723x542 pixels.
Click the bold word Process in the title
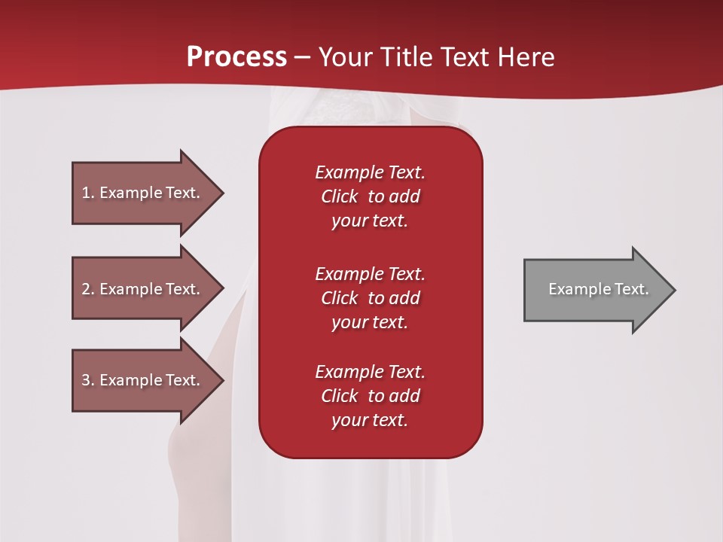point(236,57)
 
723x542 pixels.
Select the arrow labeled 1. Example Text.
point(143,193)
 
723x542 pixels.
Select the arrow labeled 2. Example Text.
point(143,289)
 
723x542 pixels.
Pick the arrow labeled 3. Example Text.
point(143,380)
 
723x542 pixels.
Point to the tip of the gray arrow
point(674,290)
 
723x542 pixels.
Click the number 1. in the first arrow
point(88,193)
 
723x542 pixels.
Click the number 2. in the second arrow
point(88,289)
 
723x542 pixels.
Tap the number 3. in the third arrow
point(88,380)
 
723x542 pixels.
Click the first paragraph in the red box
point(370,196)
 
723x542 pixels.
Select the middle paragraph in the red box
point(370,298)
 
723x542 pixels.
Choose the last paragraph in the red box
point(370,396)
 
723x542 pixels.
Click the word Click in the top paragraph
point(340,196)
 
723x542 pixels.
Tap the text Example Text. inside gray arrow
point(598,289)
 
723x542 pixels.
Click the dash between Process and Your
point(302,57)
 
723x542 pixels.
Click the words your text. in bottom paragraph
point(370,421)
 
